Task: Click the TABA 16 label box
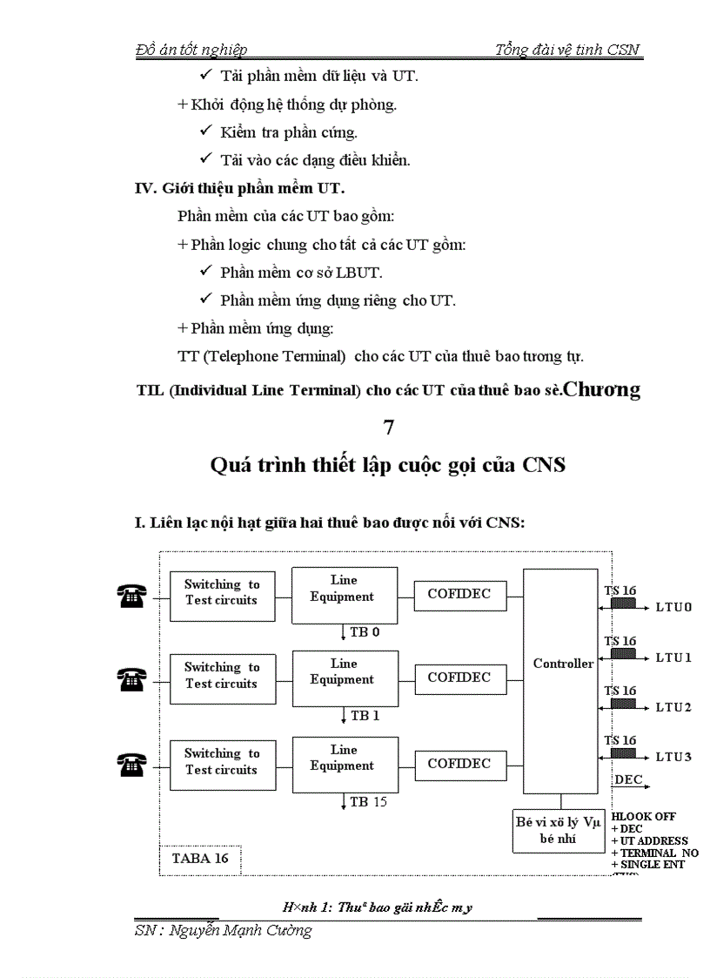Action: pyautogui.click(x=200, y=858)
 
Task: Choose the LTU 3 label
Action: pyautogui.click(x=673, y=757)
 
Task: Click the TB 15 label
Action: pyautogui.click(x=368, y=801)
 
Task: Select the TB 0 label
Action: pyautogui.click(x=365, y=632)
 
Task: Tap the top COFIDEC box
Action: pyautogui.click(x=459, y=595)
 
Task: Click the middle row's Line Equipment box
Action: pyautogui.click(x=344, y=672)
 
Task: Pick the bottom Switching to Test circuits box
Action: pyautogui.click(x=222, y=762)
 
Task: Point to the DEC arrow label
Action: pyautogui.click(x=628, y=779)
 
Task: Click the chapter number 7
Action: pyautogui.click(x=388, y=427)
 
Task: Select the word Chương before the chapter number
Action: pyautogui.click(x=602, y=389)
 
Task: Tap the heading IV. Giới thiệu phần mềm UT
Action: pyautogui.click(x=246, y=187)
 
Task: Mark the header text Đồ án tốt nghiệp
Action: pyautogui.click(x=192, y=50)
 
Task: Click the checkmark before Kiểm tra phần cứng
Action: pyautogui.click(x=206, y=131)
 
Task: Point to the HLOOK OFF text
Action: pyautogui.click(x=644, y=817)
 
